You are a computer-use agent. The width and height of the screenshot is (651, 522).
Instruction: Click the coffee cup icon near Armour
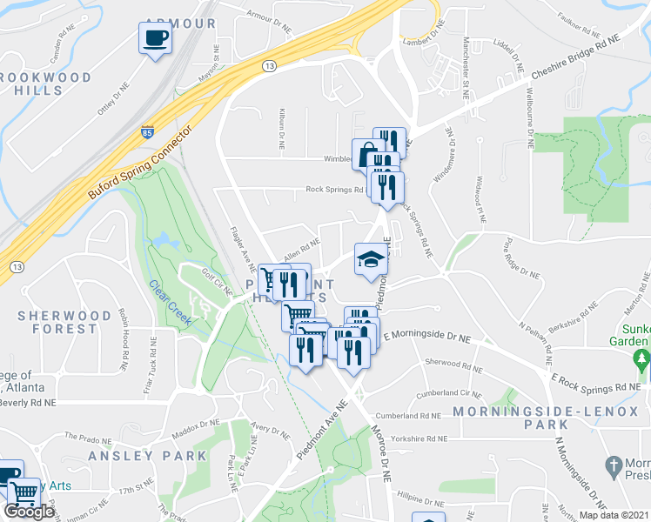tap(156, 38)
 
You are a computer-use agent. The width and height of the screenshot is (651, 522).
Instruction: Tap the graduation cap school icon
tap(369, 259)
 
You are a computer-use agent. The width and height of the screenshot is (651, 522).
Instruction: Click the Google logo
tap(29, 512)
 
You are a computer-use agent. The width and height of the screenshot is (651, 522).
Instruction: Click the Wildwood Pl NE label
tap(480, 195)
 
